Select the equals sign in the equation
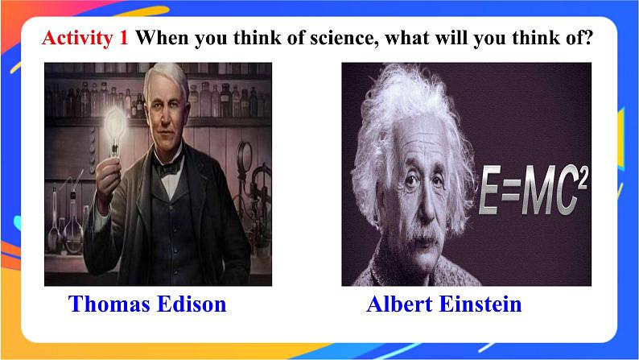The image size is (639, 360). [513, 191]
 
